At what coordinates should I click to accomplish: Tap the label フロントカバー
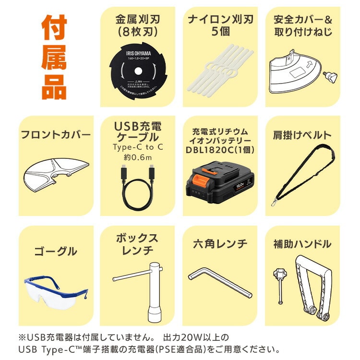pos(55,135)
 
